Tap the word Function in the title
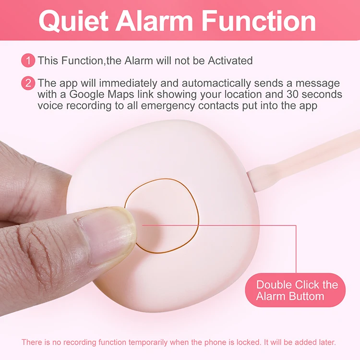click(x=260, y=21)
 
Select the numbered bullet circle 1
click(x=28, y=60)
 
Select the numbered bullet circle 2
click(x=28, y=83)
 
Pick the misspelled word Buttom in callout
click(x=307, y=296)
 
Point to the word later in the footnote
click(x=326, y=342)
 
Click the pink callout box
click(x=295, y=290)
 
